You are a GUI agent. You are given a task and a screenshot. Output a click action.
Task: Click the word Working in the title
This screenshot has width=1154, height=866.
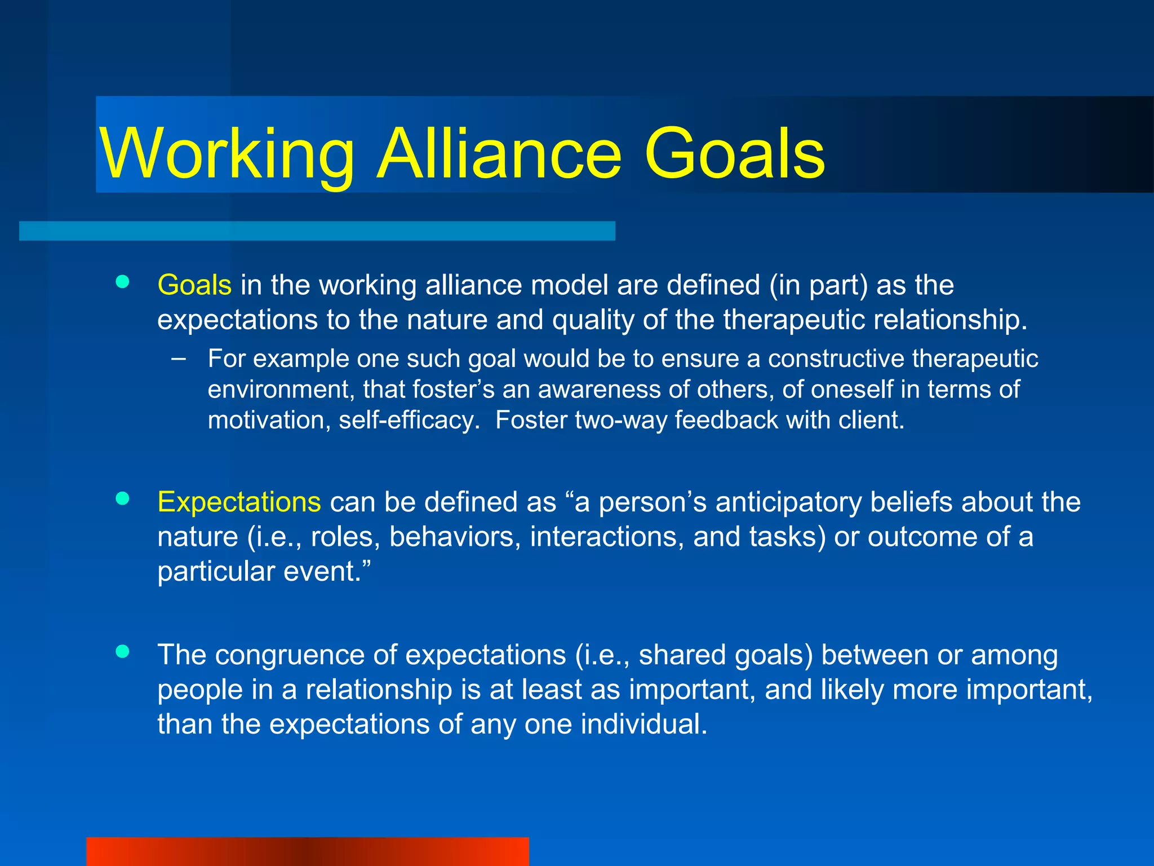click(227, 153)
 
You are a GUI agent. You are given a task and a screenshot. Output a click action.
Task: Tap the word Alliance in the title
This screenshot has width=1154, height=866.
click(499, 153)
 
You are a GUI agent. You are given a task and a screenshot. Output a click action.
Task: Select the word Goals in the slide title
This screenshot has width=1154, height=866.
click(734, 153)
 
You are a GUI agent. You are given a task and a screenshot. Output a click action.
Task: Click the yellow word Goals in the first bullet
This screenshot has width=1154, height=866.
click(194, 285)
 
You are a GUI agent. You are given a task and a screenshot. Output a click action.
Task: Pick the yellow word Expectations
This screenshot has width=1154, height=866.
click(239, 502)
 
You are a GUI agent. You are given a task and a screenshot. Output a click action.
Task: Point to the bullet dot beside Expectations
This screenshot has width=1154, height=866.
click(122, 498)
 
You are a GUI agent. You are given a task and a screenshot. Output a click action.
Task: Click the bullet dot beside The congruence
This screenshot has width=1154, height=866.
click(122, 652)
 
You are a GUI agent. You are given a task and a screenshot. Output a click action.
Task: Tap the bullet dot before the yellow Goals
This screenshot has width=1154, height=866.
click(122, 281)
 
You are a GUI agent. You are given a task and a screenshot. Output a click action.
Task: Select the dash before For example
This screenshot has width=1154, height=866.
click(179, 358)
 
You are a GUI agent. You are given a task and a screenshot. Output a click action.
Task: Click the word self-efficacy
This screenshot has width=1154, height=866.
click(409, 421)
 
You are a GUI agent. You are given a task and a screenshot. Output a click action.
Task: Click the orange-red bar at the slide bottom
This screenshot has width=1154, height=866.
click(308, 851)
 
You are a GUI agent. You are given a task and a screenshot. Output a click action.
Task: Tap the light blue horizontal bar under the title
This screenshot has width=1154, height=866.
click(317, 231)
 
